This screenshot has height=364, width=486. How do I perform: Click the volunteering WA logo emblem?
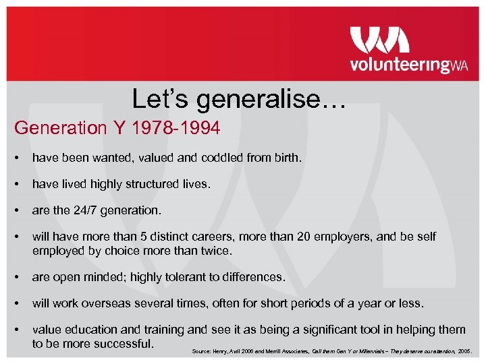point(379,40)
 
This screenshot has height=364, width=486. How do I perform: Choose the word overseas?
point(109,303)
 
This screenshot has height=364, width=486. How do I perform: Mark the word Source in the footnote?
point(200,351)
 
